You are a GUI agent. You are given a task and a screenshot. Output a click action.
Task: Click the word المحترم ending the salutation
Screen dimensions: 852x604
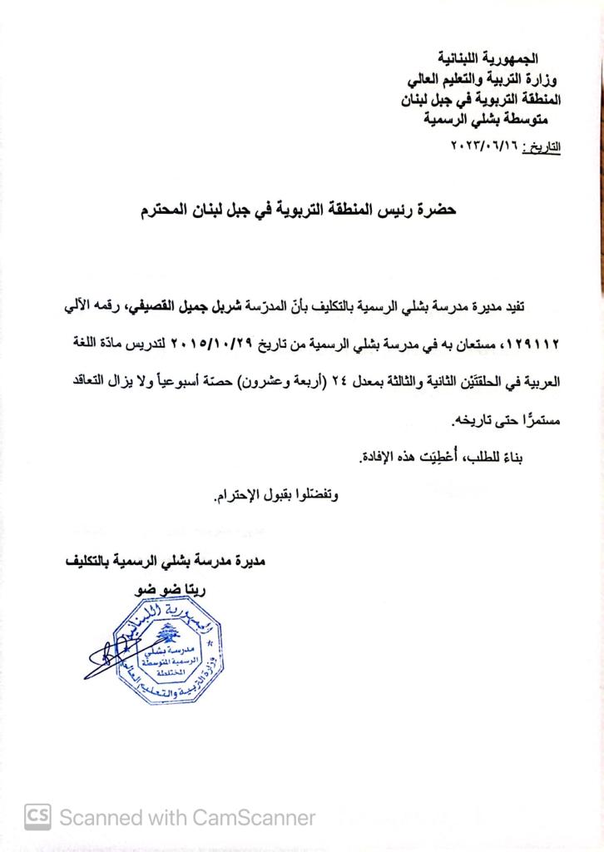[171, 211]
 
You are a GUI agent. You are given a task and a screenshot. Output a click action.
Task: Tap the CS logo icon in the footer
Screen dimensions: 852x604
[38, 817]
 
